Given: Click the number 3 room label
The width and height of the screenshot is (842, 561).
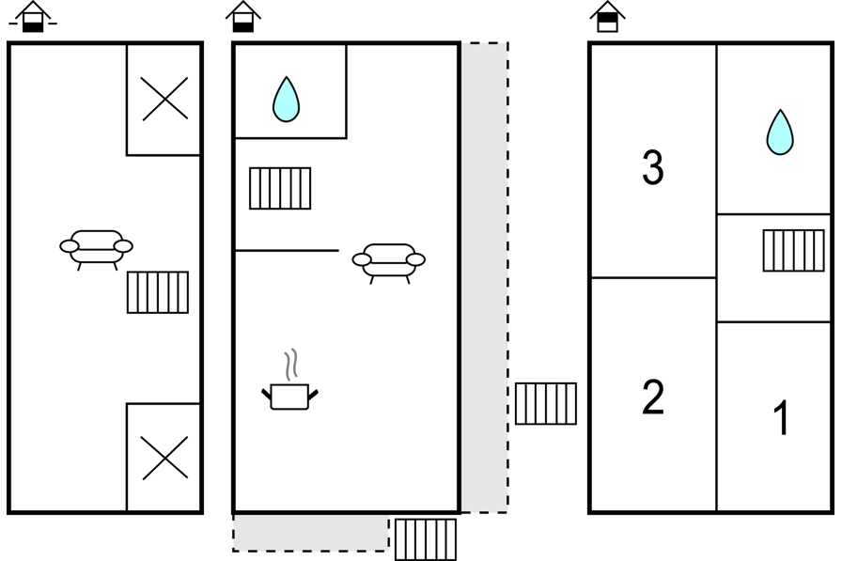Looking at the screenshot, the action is click(x=652, y=167).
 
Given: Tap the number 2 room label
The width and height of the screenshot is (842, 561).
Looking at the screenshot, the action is click(x=653, y=397).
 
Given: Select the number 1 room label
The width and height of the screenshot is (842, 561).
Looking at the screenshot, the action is click(x=781, y=417).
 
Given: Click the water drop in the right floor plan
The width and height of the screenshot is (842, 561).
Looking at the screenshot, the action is click(x=780, y=132).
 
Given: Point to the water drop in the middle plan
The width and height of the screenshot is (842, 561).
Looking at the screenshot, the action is click(x=286, y=100).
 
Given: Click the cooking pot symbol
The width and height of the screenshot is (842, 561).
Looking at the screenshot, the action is click(x=290, y=397).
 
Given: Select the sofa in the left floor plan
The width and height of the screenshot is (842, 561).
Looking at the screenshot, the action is click(x=96, y=250).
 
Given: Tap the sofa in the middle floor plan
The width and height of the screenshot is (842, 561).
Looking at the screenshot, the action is click(x=389, y=263).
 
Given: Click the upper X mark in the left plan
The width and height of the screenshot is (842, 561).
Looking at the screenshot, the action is click(x=164, y=99).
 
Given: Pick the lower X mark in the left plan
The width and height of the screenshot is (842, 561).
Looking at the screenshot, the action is click(x=164, y=458).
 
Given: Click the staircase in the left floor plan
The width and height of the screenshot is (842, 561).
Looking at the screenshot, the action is click(x=158, y=292).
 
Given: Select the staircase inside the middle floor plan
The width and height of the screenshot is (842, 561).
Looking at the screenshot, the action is click(x=280, y=189).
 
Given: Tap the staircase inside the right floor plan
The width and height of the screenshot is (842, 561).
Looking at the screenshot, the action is click(x=794, y=251).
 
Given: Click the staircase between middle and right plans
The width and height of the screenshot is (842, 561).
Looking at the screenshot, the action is click(x=546, y=404).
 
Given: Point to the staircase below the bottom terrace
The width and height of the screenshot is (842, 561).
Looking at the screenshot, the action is click(x=426, y=539).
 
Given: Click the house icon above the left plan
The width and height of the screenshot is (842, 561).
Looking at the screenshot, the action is click(x=33, y=17).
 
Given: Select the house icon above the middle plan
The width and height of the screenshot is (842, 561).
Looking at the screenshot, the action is click(x=243, y=17).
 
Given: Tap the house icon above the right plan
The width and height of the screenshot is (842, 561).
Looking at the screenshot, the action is click(x=608, y=17).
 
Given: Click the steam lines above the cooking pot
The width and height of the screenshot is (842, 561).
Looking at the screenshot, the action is click(x=291, y=365).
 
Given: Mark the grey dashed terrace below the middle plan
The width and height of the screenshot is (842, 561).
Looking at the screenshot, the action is click(x=311, y=533).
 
